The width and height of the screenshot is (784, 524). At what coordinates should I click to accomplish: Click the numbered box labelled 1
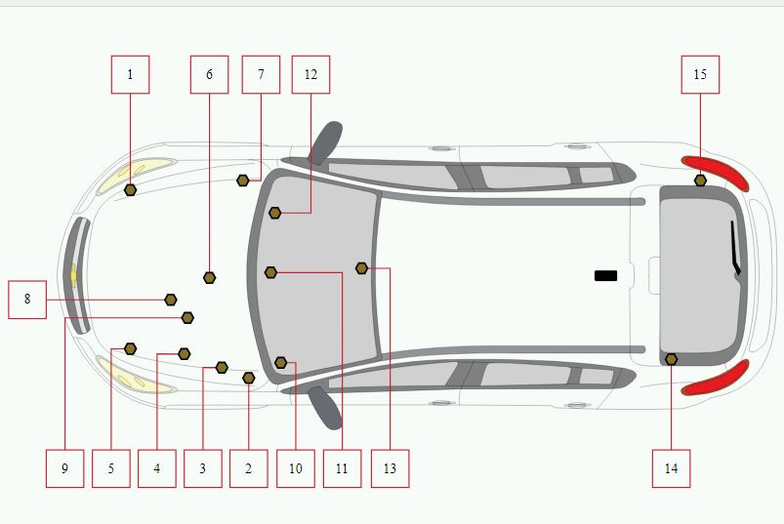(x=130, y=74)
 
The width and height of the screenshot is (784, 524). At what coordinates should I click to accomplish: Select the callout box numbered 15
(x=700, y=74)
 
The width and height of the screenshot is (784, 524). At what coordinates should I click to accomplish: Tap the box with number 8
(x=27, y=300)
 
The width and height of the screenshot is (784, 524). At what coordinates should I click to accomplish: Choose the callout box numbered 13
(x=390, y=468)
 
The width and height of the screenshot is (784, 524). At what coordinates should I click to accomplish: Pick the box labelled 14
(x=671, y=468)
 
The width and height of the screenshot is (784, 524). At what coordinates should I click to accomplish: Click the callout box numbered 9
(x=64, y=468)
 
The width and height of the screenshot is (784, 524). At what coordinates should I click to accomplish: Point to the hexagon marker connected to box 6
(x=210, y=278)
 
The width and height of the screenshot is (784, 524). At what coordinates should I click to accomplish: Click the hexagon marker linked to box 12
(x=274, y=213)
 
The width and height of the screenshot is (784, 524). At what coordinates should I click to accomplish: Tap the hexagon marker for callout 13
(x=361, y=268)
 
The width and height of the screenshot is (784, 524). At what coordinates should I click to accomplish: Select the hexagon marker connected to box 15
(x=700, y=181)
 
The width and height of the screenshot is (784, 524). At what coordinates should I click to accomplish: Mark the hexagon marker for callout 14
(x=672, y=359)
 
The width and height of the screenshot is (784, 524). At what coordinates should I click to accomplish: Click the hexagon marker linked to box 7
(x=242, y=181)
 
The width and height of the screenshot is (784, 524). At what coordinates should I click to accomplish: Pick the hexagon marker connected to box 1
(x=130, y=190)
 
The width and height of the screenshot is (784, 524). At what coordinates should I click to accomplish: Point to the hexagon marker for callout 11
(x=270, y=272)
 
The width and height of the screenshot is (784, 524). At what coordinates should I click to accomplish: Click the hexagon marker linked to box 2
(x=249, y=379)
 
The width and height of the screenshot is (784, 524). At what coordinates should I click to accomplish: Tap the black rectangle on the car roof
(x=605, y=276)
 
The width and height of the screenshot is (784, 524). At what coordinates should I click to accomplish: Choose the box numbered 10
(x=296, y=468)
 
